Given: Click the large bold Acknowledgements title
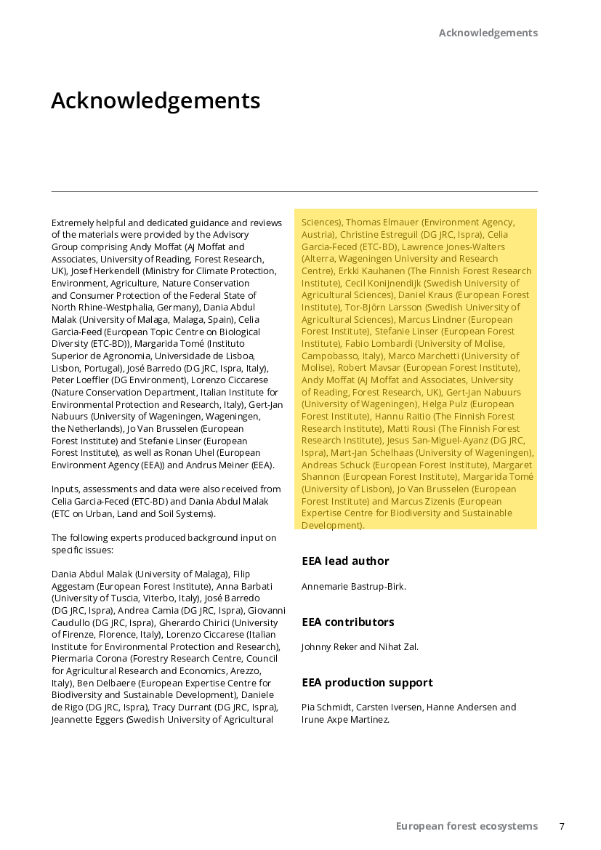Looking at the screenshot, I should tap(156, 100).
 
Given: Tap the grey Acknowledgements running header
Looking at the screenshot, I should tap(488, 33).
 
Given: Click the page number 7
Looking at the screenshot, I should tap(562, 826).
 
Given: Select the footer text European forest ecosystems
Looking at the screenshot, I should tap(467, 826).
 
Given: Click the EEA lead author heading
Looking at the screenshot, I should tap(345, 561).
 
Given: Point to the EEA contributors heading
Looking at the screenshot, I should tap(348, 622).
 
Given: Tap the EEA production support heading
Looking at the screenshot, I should tap(367, 683).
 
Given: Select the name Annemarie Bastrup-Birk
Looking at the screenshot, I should tap(353, 586).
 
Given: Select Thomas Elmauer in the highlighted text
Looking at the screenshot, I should tap(382, 222).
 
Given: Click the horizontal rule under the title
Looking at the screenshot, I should tap(294, 192).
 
